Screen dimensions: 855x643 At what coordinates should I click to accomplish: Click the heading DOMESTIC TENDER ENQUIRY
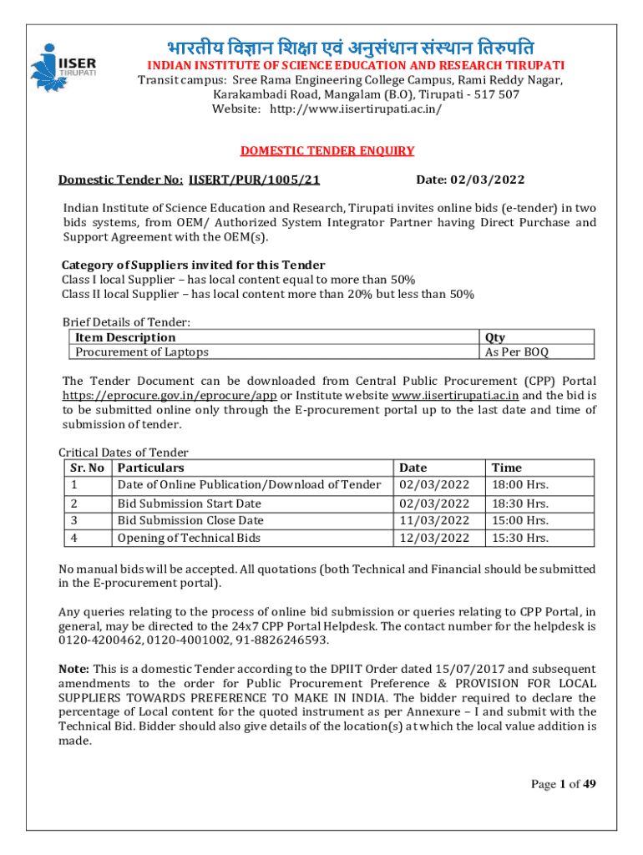tap(327, 151)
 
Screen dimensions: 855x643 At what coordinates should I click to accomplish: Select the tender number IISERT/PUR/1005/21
tap(255, 180)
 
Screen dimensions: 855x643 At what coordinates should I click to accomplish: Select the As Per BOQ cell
tap(517, 352)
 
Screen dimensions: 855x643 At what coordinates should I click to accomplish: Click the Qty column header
tap(495, 337)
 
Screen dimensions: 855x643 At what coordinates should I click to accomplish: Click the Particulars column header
tap(151, 468)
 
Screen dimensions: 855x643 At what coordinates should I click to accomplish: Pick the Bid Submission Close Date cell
tap(190, 520)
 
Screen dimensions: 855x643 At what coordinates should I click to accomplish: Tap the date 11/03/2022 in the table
tap(434, 520)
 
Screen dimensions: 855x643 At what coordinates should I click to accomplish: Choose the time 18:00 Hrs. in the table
tap(520, 484)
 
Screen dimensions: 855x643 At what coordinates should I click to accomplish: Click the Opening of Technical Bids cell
tap(189, 538)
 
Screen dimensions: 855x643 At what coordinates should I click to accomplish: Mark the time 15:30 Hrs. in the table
tap(520, 538)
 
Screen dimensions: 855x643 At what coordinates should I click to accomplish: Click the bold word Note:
tap(73, 669)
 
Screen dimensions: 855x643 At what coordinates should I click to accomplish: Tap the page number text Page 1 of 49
tap(563, 783)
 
